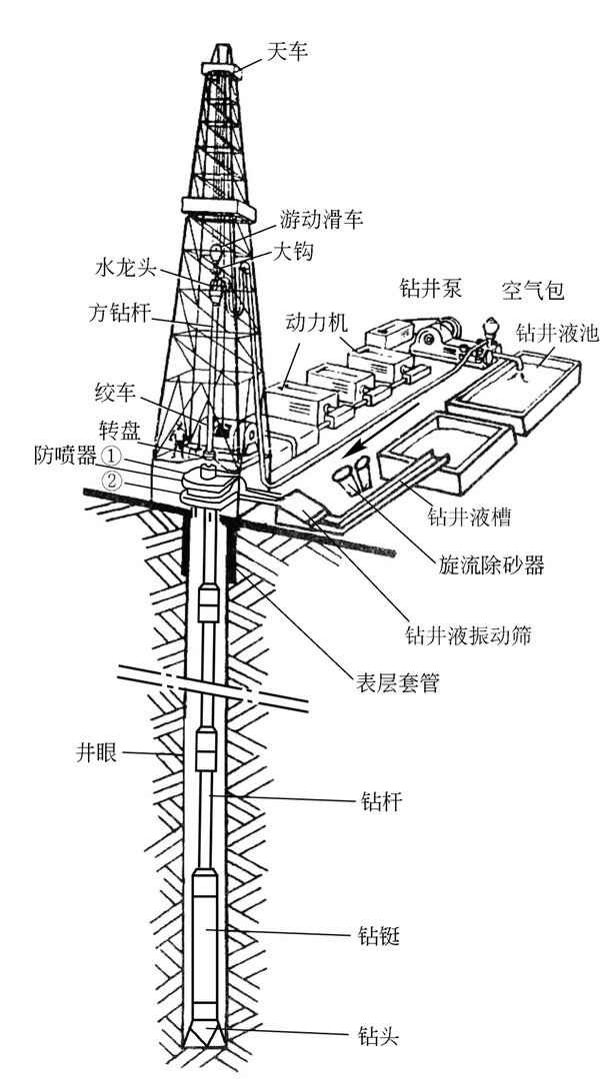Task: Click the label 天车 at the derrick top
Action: [x=287, y=50]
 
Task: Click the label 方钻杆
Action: [x=117, y=313]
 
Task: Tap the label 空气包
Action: [x=532, y=292]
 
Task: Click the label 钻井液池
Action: [x=557, y=334]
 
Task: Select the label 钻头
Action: [x=379, y=1033]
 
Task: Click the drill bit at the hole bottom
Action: [x=208, y=1035]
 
